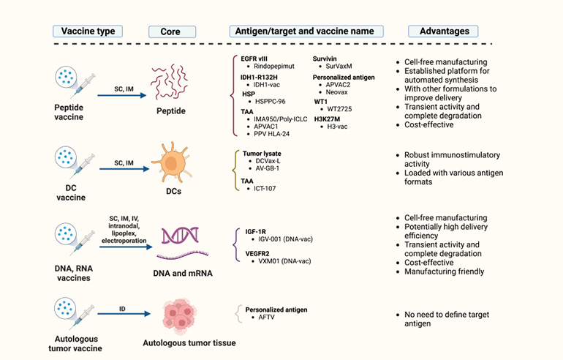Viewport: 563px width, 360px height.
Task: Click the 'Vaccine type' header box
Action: coord(87,31)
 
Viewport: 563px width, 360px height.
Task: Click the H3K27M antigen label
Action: coord(330,119)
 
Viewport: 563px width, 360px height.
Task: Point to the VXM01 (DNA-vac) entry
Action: coord(281,260)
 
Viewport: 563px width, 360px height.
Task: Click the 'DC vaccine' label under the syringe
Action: coord(72,192)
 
